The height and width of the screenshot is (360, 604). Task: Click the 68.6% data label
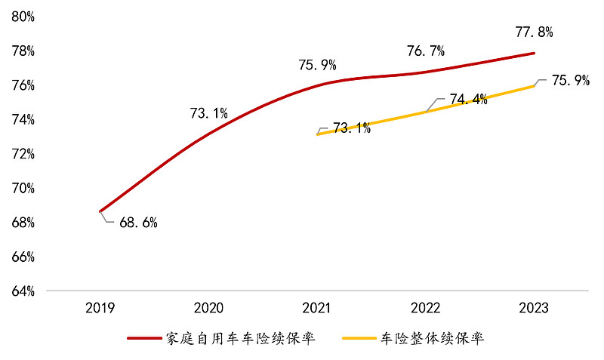pos(138,223)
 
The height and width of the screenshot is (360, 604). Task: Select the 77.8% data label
pos(535,32)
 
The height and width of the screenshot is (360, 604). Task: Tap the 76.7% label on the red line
pos(426,51)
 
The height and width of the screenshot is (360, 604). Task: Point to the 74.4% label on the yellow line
pos(468,100)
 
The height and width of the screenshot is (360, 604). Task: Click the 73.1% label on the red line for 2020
pos(208,114)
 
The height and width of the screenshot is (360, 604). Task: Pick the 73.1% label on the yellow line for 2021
pos(352,128)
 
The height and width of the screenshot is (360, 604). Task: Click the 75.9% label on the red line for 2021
pos(317,66)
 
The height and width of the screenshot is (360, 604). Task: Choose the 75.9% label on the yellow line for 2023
pos(570,81)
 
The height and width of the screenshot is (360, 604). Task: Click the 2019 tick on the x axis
pos(100,308)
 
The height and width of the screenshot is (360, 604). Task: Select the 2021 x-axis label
pos(318,308)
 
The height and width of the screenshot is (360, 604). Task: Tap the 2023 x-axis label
pos(535,308)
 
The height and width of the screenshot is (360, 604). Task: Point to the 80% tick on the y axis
pos(23,17)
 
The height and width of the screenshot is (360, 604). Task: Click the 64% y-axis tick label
pos(23,291)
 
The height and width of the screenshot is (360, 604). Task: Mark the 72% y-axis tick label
pos(23,154)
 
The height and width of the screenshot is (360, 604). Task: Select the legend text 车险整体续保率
pos(432,338)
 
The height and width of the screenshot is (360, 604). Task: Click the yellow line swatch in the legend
pos(360,339)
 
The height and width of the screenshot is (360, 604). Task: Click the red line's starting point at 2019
pos(100,211)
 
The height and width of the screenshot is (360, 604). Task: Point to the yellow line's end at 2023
pos(535,86)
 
